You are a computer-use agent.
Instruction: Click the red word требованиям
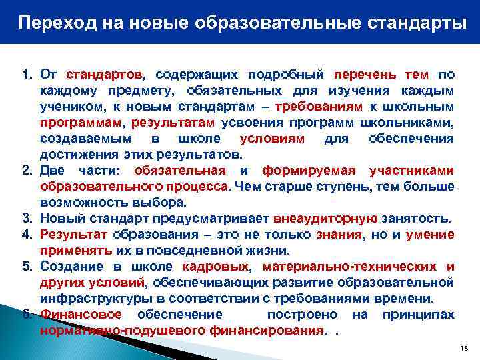coord(323,107)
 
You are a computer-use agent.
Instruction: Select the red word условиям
coord(272,139)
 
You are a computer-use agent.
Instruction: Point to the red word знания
coord(340,235)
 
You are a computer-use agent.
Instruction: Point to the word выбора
coord(162,202)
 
